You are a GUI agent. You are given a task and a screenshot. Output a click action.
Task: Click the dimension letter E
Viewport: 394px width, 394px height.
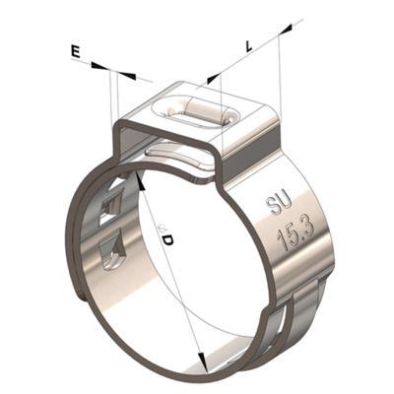(76, 53)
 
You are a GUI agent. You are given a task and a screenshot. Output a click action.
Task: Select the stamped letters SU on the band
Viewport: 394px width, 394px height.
(278, 204)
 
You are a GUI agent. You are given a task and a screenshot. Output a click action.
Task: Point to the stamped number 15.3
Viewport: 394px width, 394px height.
(295, 233)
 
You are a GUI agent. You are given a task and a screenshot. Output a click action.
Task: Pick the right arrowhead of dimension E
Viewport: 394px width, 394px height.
(127, 76)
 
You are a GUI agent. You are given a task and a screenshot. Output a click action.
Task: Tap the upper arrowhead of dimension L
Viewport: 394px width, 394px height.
(285, 29)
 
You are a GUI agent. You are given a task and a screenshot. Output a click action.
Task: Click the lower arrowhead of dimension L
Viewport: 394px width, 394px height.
(214, 79)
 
